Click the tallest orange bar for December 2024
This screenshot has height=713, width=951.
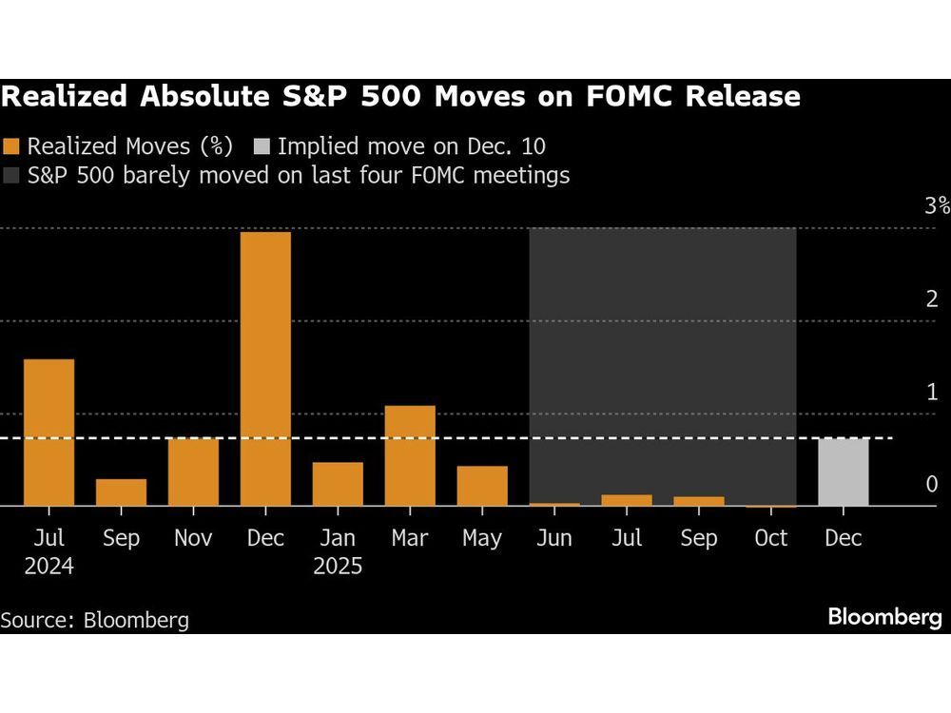(x=265, y=369)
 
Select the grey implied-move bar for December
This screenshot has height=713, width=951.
(x=843, y=472)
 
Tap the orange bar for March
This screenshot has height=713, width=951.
(x=410, y=455)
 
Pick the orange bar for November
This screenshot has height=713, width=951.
(x=193, y=472)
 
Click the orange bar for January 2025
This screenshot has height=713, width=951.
(x=338, y=484)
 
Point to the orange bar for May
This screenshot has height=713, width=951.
(x=482, y=486)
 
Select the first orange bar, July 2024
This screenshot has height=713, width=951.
(x=49, y=433)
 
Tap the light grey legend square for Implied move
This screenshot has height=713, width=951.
(x=262, y=146)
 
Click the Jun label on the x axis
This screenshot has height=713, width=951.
(x=553, y=538)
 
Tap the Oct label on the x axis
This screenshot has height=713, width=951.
(x=770, y=538)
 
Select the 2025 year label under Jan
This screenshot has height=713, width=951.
(x=338, y=567)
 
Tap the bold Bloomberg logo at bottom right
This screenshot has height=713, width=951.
(x=884, y=618)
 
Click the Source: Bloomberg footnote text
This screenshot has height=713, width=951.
(x=95, y=621)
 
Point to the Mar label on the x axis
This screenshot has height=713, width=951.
(x=410, y=538)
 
